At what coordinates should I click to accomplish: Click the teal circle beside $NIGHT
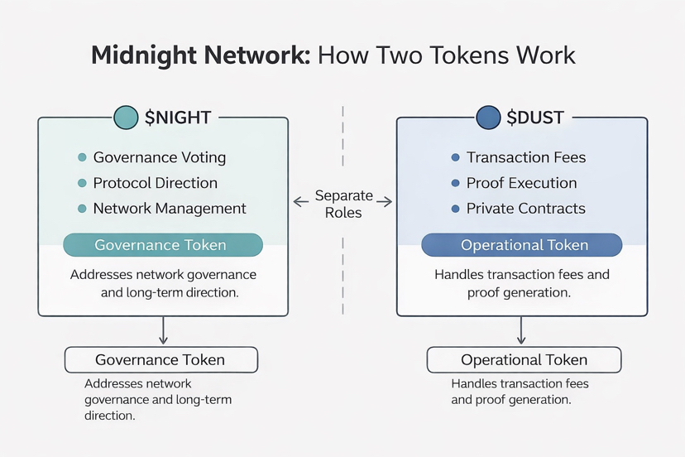pos(126,118)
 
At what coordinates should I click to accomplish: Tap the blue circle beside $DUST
pos(488,118)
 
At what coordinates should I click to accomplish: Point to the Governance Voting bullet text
pos(159,157)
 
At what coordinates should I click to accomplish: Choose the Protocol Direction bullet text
pos(155,183)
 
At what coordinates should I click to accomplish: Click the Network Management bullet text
pos(170,209)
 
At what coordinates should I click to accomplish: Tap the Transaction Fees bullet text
pos(525,157)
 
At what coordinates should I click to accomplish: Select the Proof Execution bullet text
pos(521,183)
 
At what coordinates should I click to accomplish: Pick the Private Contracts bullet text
pos(525,209)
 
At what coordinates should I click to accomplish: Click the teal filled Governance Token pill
pos(163,245)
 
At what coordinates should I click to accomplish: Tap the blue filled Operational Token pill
pos(522,245)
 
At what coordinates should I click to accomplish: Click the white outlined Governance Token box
pos(161,359)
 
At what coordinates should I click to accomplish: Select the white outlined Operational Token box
pos(524,359)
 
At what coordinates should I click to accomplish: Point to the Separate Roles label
pos(343,204)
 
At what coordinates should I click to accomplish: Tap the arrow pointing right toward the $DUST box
pos(386,200)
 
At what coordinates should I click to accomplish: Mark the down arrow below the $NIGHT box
pos(163,332)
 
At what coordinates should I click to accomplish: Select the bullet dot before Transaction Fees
pos(455,157)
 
